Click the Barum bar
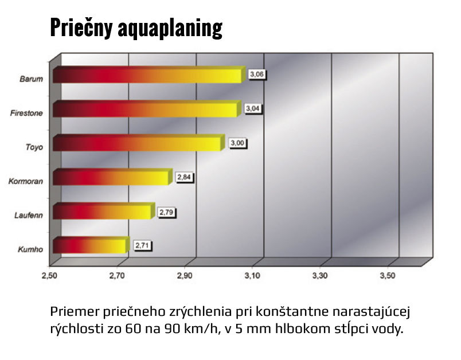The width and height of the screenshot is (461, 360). click(146, 75)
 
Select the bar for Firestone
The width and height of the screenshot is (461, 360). click(144, 109)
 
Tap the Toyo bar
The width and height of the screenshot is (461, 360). click(136, 143)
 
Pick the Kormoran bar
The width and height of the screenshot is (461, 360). click(112, 178)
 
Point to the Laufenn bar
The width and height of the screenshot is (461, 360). click(103, 212)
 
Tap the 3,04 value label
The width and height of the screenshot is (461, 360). click(253, 108)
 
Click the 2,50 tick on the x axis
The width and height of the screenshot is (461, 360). click(50, 276)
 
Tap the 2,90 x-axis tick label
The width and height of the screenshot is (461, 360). click(185, 276)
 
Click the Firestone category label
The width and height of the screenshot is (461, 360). click(27, 113)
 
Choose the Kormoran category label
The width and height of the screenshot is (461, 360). click(26, 182)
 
